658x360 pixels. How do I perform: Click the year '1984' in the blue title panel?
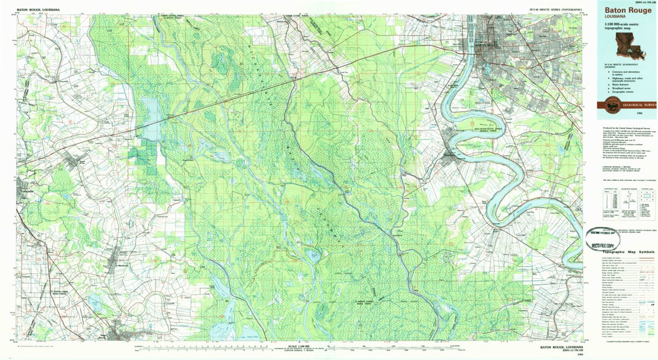coord(647,112)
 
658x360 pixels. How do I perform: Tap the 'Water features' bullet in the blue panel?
coord(621,84)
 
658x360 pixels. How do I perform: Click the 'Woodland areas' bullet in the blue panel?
coord(621,88)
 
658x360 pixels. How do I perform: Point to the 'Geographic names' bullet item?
coord(622,92)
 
